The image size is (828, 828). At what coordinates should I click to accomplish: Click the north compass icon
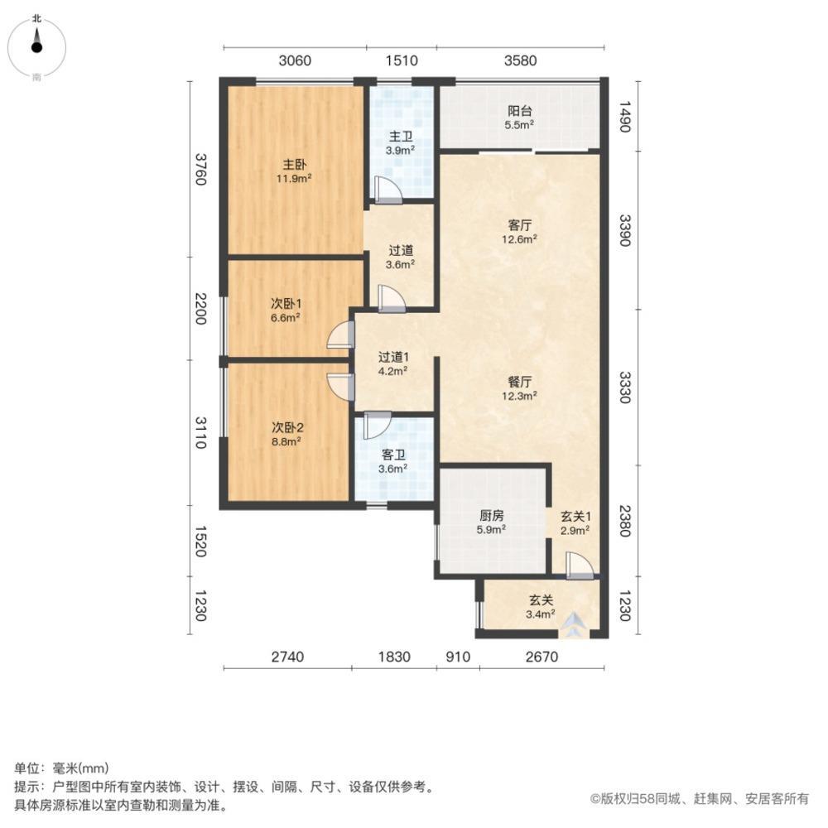37,46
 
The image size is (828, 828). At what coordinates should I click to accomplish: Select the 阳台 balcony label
519,111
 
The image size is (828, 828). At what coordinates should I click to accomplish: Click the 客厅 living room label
519,224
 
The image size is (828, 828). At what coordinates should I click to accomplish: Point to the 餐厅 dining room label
519,382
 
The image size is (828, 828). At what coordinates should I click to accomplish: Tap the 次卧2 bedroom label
287,428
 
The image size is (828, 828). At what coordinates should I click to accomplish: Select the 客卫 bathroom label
393,455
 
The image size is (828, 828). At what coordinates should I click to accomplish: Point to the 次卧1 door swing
339,335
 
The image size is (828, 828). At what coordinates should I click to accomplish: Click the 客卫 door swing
375,424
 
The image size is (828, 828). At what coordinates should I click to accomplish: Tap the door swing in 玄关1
579,565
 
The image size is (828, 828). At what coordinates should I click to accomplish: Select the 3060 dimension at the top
295,60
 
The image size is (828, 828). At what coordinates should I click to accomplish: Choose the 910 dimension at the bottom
458,657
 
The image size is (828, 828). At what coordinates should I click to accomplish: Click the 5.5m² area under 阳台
519,125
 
